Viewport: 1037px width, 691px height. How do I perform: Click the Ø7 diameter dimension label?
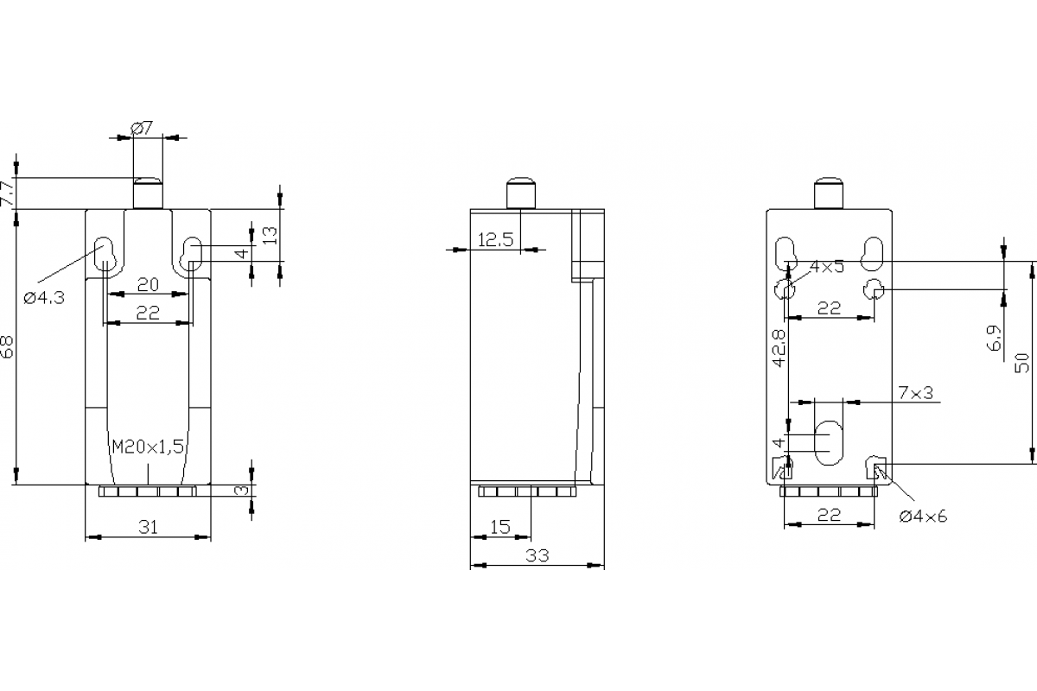pyautogui.click(x=143, y=128)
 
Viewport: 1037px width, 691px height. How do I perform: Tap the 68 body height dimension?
pyautogui.click(x=7, y=347)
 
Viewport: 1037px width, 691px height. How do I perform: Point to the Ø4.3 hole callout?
pyautogui.click(x=44, y=298)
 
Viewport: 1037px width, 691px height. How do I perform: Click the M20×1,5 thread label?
pyautogui.click(x=148, y=446)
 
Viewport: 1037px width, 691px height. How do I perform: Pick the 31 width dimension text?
pyautogui.click(x=148, y=527)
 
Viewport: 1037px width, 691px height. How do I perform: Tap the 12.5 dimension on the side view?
pyautogui.click(x=496, y=240)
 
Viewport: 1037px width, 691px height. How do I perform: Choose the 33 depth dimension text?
pyautogui.click(x=538, y=556)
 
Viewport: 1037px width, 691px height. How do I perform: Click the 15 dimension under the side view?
pyautogui.click(x=500, y=527)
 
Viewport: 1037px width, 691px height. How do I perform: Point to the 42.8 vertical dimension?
pyautogui.click(x=778, y=348)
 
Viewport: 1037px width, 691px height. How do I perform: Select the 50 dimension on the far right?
pyautogui.click(x=1023, y=361)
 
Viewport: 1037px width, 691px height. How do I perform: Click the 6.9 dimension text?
pyautogui.click(x=995, y=338)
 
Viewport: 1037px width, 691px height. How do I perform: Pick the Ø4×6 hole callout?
pyautogui.click(x=923, y=517)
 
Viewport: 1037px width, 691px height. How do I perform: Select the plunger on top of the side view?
pyautogui.click(x=519, y=193)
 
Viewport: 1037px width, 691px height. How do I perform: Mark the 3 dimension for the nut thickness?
pyautogui.click(x=243, y=491)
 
